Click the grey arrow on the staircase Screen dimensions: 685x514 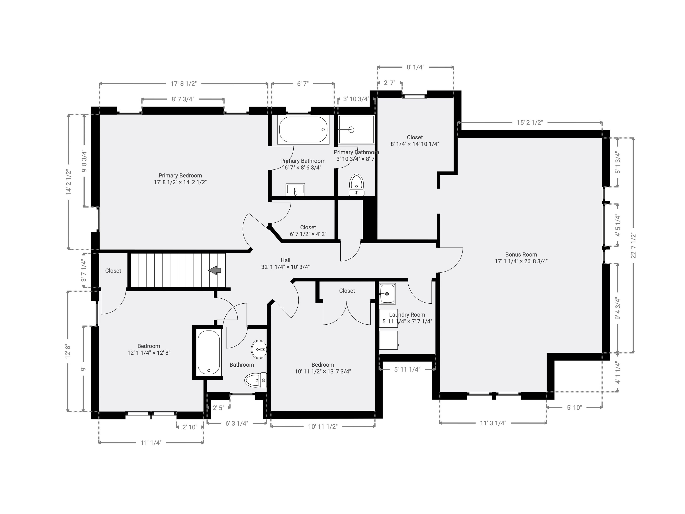tap(215, 270)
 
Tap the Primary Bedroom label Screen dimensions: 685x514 tap(180, 175)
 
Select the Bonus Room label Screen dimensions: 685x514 tap(521, 254)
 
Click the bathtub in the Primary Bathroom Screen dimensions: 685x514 tap(303, 130)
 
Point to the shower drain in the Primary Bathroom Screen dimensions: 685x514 tap(351, 130)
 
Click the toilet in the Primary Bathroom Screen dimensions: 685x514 tap(356, 185)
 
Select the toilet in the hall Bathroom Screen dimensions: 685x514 tap(255, 380)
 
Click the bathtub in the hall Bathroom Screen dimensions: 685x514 tap(209, 353)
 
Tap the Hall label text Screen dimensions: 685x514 tap(285, 260)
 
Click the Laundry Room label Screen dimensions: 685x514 tap(407, 315)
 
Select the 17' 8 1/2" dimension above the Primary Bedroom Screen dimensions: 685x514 tap(184, 84)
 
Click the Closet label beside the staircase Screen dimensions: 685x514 tap(113, 270)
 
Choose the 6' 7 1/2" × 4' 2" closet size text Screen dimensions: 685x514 tap(308, 234)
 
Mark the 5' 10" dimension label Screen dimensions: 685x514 tap(574, 407)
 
